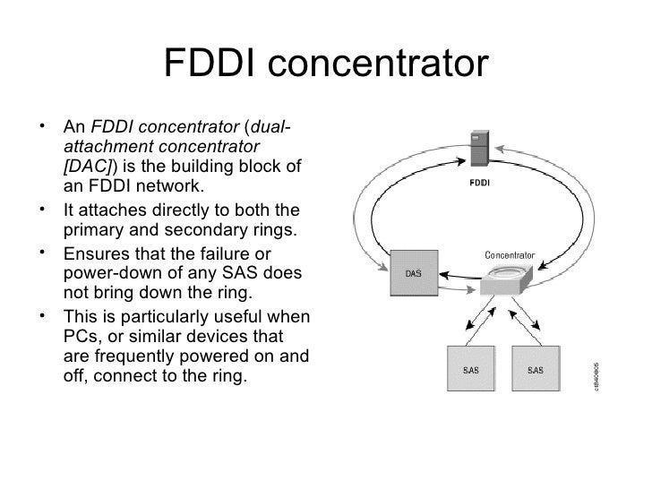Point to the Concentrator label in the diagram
(510, 256)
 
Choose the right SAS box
(535, 370)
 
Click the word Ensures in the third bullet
(92, 253)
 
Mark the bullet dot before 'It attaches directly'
(45, 210)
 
